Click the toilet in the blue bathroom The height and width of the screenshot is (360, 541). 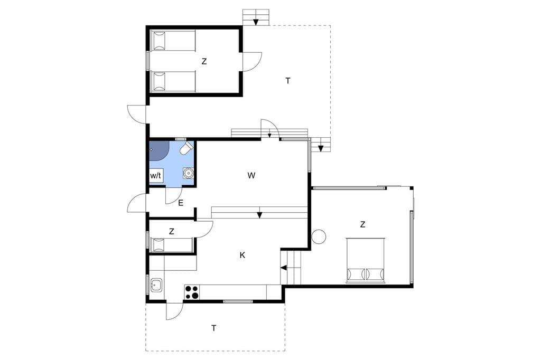pos(186,148)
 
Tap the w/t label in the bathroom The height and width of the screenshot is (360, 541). pos(156,176)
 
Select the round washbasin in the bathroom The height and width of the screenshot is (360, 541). pos(188,173)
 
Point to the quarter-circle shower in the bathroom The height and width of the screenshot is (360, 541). pos(159,150)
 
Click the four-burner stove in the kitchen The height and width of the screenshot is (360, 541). pos(192,292)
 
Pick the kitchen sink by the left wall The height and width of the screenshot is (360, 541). pos(156,285)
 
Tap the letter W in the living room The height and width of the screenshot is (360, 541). pos(251,176)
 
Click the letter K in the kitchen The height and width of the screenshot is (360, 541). pos(242,255)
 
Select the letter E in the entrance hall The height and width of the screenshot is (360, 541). pos(181,203)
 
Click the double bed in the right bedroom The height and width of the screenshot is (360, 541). pos(366,260)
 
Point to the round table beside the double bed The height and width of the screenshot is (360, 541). pos(319,236)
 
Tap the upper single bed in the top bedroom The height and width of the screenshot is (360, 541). pos(173,41)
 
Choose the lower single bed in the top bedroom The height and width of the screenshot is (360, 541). pos(173,81)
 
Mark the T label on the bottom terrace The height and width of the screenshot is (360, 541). pos(214,328)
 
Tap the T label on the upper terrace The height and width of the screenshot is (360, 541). pos(288,81)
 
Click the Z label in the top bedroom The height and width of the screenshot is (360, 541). pos(204,62)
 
